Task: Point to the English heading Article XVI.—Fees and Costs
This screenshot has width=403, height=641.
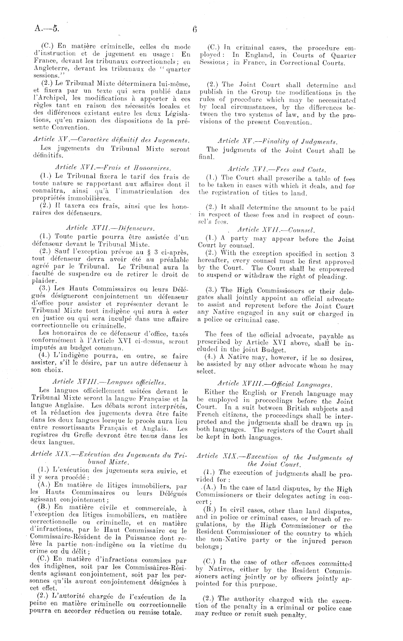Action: point(277,169)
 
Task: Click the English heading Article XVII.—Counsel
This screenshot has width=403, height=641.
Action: point(276,230)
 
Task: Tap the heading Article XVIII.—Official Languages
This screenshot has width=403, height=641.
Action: point(275,384)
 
